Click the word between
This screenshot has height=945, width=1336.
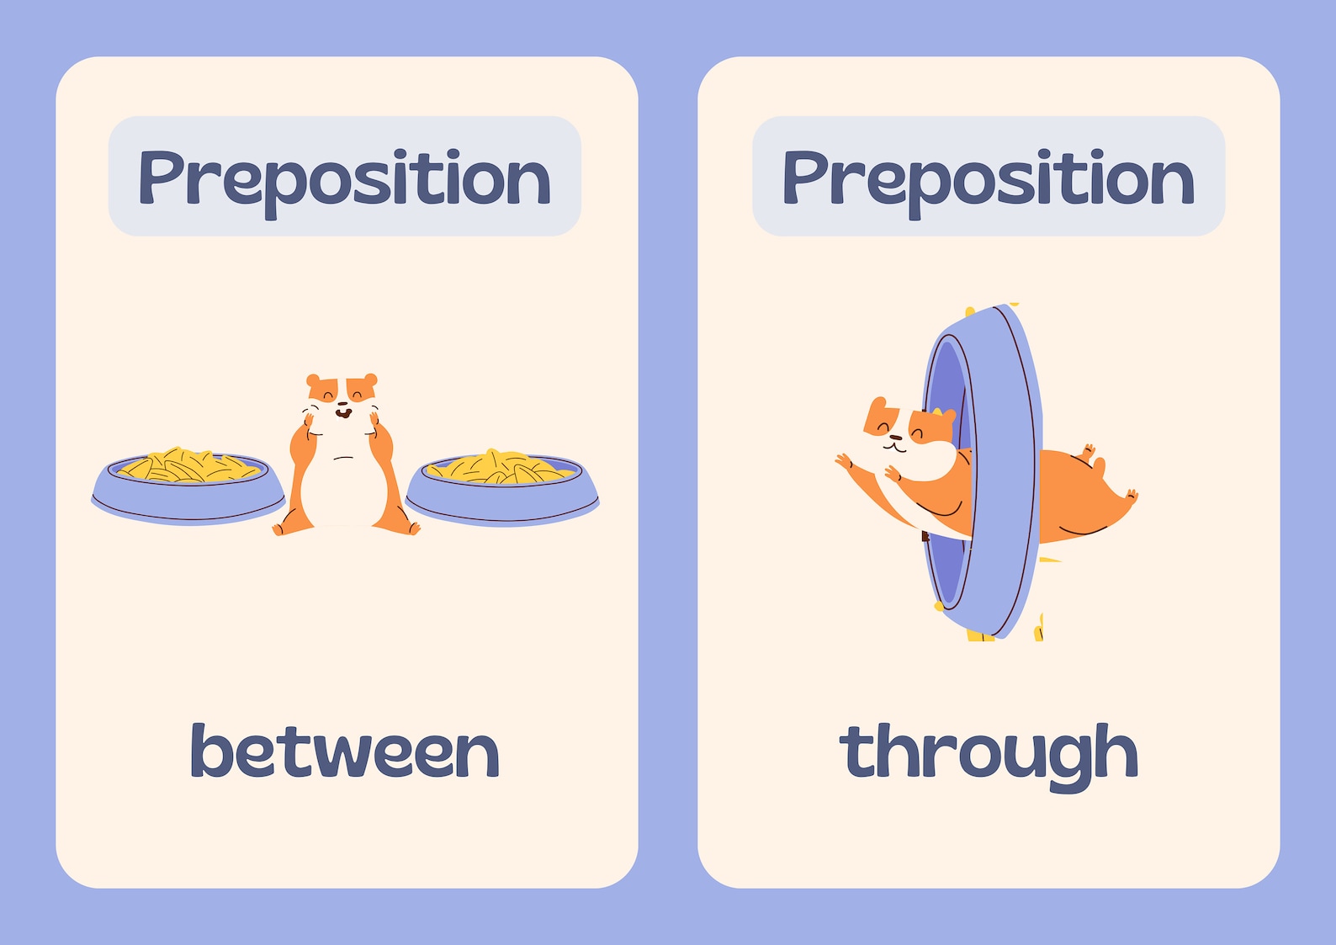point(345,751)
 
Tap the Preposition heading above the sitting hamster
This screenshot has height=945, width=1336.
point(344,178)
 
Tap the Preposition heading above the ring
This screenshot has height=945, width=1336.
point(989,178)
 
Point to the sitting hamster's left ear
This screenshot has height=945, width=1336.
point(314,381)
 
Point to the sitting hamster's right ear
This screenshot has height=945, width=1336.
point(369,380)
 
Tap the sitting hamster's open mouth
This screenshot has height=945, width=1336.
point(342,412)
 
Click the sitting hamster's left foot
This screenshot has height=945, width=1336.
point(283,528)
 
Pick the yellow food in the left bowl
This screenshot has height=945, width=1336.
point(189,465)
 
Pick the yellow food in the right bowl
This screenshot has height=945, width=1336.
point(502,466)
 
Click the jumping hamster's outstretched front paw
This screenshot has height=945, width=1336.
point(844,462)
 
